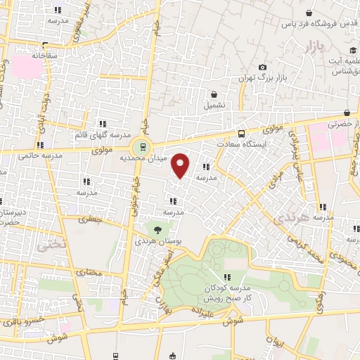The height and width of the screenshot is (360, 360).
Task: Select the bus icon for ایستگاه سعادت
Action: tap(241, 133)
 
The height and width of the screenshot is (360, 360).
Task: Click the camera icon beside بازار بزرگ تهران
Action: tap(262, 67)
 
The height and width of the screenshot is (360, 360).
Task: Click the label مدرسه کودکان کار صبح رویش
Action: tap(227, 293)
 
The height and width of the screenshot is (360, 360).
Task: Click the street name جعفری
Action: tap(89, 219)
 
